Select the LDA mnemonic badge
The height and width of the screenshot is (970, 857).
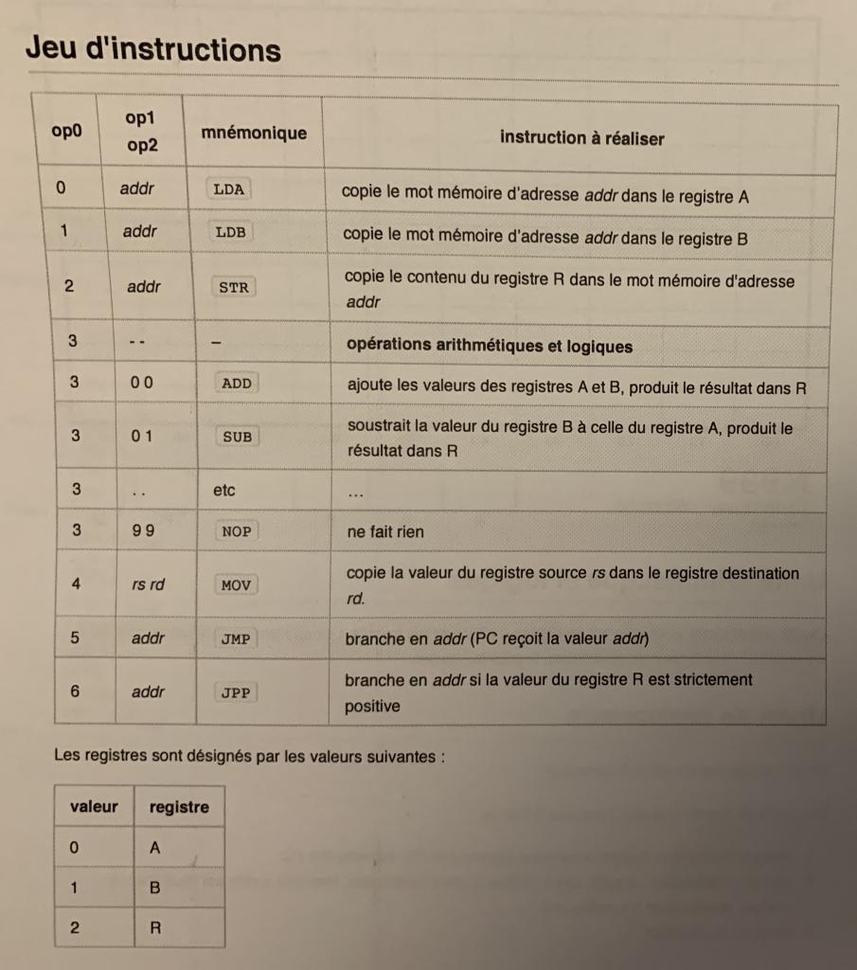click(229, 189)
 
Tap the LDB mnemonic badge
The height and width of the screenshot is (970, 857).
click(231, 232)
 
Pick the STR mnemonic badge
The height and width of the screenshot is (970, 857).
click(233, 287)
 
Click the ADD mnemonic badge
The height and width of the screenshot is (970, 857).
click(236, 384)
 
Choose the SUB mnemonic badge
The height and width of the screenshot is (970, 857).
click(237, 437)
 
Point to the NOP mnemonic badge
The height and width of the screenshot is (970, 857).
click(236, 531)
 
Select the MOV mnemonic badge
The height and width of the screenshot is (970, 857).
click(236, 585)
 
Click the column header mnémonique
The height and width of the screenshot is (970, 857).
click(254, 134)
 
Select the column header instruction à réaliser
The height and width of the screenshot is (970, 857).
click(581, 138)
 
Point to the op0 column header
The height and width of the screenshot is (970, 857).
click(66, 131)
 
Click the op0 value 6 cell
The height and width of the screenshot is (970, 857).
click(75, 692)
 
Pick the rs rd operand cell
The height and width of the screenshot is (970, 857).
click(148, 584)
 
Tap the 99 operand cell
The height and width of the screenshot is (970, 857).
click(144, 531)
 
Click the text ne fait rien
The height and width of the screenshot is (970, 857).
click(385, 532)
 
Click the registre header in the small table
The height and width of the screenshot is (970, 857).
click(179, 807)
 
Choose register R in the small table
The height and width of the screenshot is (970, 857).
click(155, 928)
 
